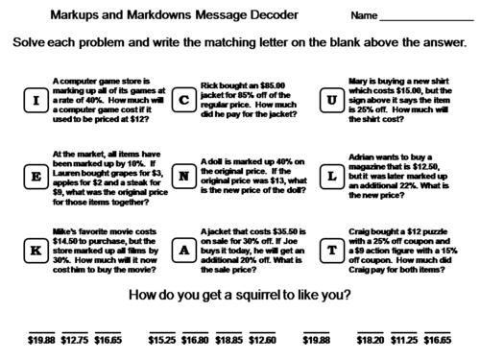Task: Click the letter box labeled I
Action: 34,99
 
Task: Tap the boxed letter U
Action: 333,99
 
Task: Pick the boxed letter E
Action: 34,176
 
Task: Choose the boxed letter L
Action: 333,176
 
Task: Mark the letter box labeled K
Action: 34,250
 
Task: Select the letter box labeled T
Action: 333,250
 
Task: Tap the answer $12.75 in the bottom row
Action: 74,339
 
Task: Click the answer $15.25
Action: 161,339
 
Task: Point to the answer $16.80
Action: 195,339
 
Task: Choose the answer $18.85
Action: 228,339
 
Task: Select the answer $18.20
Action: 371,339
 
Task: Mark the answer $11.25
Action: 404,339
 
